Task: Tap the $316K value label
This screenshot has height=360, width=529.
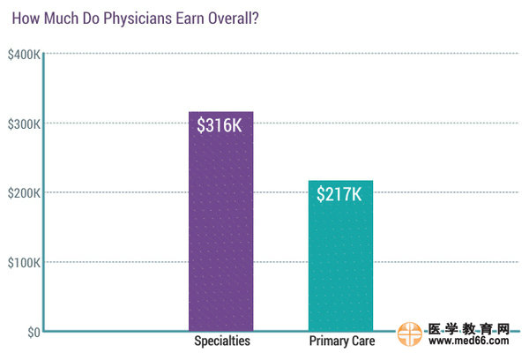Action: [220, 126]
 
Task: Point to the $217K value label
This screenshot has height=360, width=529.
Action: [340, 194]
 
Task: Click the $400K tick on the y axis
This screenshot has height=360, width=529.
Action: [23, 55]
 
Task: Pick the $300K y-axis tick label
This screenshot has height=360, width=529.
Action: [23, 124]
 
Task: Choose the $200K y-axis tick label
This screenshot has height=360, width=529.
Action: [23, 192]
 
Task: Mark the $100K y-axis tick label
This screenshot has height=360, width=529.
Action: [23, 262]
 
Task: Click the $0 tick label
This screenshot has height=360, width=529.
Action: [33, 332]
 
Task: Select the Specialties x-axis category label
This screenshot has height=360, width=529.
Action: [221, 341]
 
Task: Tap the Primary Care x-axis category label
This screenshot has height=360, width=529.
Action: [342, 341]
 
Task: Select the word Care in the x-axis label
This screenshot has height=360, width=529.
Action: [362, 341]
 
